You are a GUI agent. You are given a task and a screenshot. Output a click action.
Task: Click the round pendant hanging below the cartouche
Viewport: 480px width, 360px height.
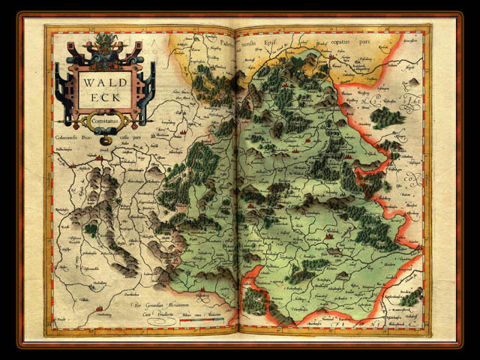tap(106, 139)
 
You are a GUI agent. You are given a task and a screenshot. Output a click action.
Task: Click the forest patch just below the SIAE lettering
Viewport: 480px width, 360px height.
tap(386, 117)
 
